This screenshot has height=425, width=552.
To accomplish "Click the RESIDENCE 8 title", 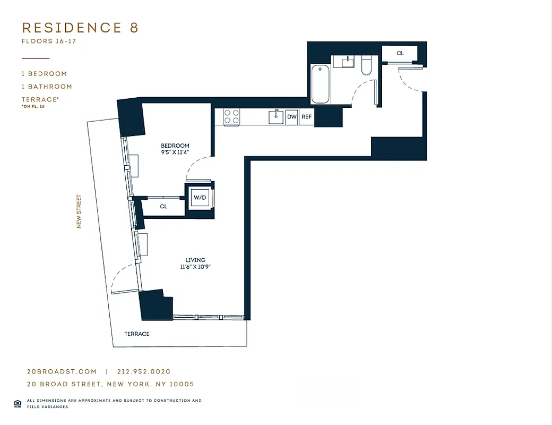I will click(80, 28).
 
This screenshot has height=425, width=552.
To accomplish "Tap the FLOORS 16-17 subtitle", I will click(49, 41).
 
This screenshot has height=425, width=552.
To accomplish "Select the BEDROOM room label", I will click(175, 146).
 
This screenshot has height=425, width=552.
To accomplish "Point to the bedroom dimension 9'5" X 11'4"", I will click(175, 152).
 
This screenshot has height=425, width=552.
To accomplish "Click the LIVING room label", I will click(196, 260).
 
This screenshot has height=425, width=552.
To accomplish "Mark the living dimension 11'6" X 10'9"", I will click(196, 267).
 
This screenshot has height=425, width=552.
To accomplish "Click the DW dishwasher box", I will click(291, 117).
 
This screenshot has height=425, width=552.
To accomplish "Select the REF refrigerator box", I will click(306, 117).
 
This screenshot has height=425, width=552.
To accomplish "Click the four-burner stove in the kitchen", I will click(231, 117).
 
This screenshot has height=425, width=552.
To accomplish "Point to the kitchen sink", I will click(275, 116).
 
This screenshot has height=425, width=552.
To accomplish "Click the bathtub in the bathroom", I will click(320, 84).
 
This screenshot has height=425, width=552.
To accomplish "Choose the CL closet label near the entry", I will click(400, 54).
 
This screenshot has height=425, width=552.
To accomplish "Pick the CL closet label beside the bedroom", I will click(163, 207).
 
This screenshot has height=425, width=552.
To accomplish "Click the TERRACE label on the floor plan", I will click(137, 334).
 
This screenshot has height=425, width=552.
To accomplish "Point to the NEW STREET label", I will click(79, 211).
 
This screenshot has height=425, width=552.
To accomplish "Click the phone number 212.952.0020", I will click(144, 372).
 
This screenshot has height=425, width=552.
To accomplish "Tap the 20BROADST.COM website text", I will click(62, 372).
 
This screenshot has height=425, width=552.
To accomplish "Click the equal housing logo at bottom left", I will click(18, 403).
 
